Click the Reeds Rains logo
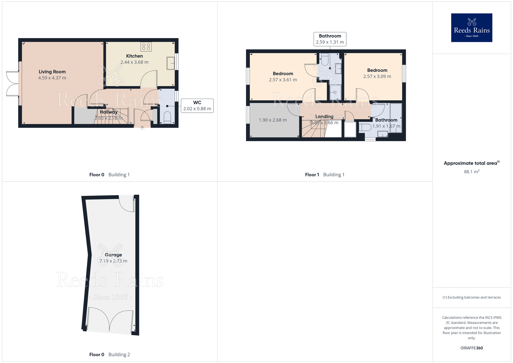pyautogui.click(x=471, y=28)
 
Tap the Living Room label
pyautogui.click(x=52, y=72)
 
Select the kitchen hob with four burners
pyautogui.click(x=146, y=47)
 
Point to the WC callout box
pyautogui.click(x=197, y=106)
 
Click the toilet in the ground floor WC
pyautogui.click(x=167, y=117)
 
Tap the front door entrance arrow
pyautogui.click(x=142, y=128)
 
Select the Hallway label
pyautogui.click(x=108, y=112)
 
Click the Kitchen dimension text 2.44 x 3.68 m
pyautogui.click(x=134, y=62)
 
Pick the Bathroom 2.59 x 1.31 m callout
pyautogui.click(x=330, y=39)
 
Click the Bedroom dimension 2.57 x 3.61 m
pyautogui.click(x=283, y=80)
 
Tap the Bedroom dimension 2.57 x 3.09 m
pyautogui.click(x=377, y=77)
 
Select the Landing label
pyautogui.click(x=324, y=117)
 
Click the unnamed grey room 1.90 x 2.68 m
pyautogui.click(x=273, y=120)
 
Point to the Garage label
pyautogui.click(x=113, y=255)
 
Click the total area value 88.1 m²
pyautogui.click(x=471, y=172)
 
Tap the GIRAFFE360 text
pyautogui.click(x=471, y=348)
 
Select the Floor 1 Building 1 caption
pyautogui.click(x=324, y=175)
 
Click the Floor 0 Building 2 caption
pyautogui.click(x=110, y=355)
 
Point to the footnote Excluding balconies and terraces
pyautogui.click(x=471, y=297)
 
